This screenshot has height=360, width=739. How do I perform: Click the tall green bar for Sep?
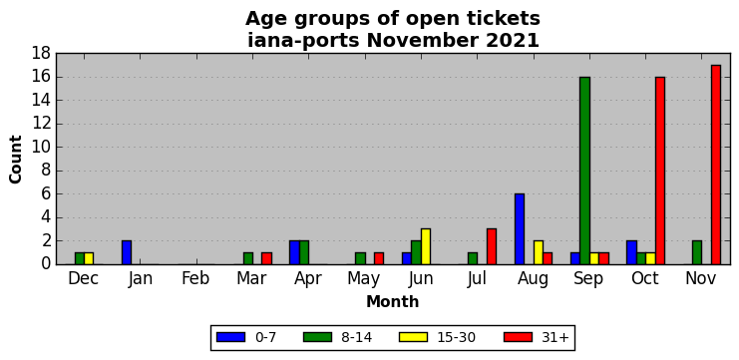point(584,171)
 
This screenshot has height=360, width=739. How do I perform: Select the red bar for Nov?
point(716,165)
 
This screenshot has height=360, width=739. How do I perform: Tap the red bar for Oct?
point(660,171)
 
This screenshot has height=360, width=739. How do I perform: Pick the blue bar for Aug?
point(520,229)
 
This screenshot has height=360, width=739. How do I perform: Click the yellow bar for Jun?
point(426,246)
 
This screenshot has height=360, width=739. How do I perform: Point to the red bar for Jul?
point(492,246)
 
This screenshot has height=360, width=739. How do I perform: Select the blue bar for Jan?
point(127,252)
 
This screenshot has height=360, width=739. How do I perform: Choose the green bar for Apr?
point(304,252)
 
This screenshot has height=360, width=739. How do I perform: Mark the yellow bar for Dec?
point(89,258)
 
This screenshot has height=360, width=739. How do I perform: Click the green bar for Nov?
point(697,252)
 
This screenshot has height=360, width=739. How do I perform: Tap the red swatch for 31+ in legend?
point(518,337)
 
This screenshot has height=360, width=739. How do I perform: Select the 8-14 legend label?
point(356,337)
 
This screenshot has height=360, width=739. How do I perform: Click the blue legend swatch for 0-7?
point(230,337)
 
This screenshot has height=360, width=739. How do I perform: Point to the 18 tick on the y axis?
point(42,54)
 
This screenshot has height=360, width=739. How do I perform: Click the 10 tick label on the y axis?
point(42,148)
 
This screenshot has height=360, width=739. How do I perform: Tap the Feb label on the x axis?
point(195,279)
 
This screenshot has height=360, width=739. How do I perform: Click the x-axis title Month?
point(393,301)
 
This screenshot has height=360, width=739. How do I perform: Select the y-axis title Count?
point(16,160)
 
